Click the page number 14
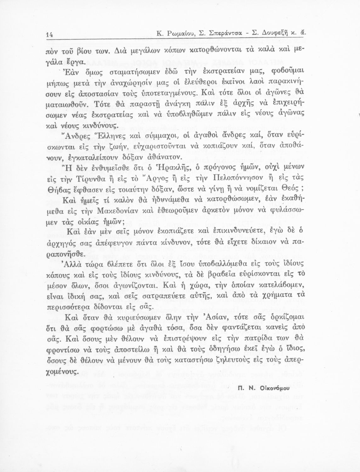[x=49, y=35]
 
